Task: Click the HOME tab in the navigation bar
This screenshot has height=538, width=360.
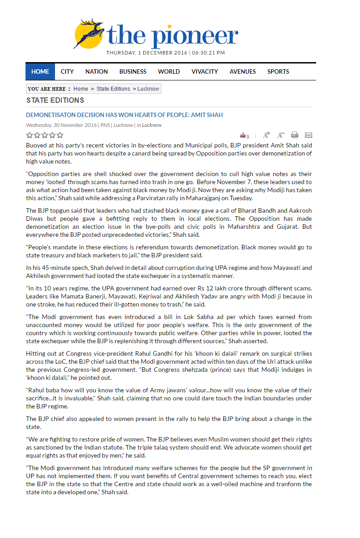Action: (40, 71)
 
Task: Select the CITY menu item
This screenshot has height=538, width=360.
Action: (67, 71)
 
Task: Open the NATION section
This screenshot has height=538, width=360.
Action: (97, 71)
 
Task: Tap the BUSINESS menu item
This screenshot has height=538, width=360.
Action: (133, 71)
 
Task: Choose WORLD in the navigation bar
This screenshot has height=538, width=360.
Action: (169, 71)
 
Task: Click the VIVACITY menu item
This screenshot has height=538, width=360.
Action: (205, 71)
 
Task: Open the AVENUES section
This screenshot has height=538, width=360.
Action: (243, 71)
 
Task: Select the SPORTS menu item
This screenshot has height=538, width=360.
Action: (278, 71)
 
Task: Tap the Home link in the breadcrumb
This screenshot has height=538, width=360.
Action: (81, 89)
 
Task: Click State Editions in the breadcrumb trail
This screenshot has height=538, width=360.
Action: (113, 89)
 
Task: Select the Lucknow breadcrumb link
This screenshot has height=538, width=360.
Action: (148, 89)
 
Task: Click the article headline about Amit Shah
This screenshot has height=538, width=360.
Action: (124, 115)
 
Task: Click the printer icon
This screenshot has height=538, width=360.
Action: (295, 135)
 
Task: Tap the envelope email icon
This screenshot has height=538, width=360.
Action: (308, 135)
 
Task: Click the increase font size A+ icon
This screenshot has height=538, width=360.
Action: (267, 135)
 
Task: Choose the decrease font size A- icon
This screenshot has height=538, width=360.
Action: (281, 135)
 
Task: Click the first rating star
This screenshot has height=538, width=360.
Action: (30, 135)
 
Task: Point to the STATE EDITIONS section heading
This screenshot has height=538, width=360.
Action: (55, 100)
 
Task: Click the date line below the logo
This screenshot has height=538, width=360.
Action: (165, 53)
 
